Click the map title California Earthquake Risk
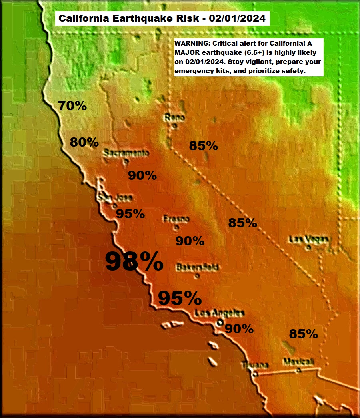point(162,18)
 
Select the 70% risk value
point(72,106)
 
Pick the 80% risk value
point(84,142)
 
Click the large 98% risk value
point(134,261)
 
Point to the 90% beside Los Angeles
point(239,329)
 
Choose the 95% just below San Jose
point(130,213)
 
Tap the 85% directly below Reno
point(204,146)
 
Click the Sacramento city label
point(126,153)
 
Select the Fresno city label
point(176,219)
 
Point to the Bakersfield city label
point(197,267)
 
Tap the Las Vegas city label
point(309,239)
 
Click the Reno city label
point(174,118)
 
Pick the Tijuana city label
point(255,365)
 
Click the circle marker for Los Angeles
point(219,322)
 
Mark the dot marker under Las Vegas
point(308,247)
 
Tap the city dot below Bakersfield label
point(196,276)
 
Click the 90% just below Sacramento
point(142,175)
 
